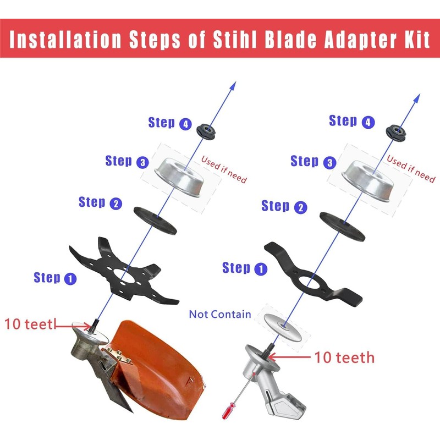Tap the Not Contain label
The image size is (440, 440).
(x=220, y=315)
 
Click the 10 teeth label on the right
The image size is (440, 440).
(x=344, y=358)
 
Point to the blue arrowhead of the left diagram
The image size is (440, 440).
(x=233, y=85)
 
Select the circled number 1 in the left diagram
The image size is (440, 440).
(x=70, y=279)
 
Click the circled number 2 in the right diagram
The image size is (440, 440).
(x=300, y=208)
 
